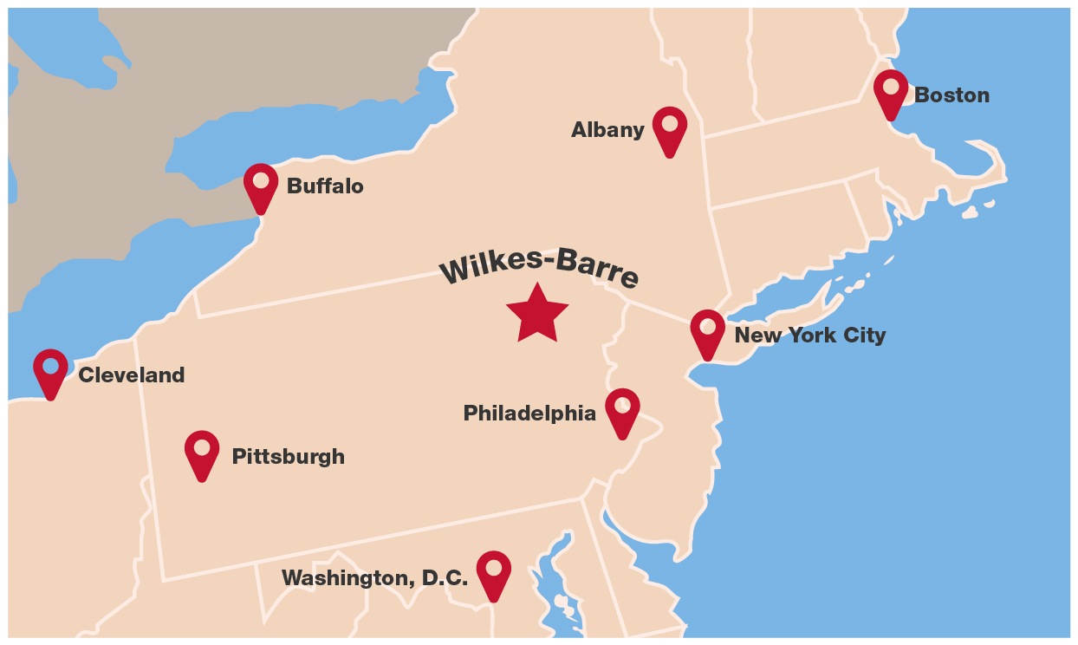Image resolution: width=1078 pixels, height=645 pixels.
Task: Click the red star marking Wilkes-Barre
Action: [x=537, y=314]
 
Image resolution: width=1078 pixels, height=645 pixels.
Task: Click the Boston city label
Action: [x=951, y=95]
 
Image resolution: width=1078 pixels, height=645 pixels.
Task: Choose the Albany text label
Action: [x=607, y=130]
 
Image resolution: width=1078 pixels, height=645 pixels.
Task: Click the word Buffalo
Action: [x=325, y=186]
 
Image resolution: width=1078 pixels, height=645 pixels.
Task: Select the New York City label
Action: [x=810, y=336]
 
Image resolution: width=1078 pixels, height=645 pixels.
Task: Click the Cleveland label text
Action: [x=131, y=375]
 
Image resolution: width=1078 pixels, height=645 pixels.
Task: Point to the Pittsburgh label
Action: [x=288, y=457]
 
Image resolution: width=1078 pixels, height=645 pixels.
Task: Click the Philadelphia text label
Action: [x=529, y=414]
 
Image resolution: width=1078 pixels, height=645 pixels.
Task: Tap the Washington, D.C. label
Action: [x=374, y=578]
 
